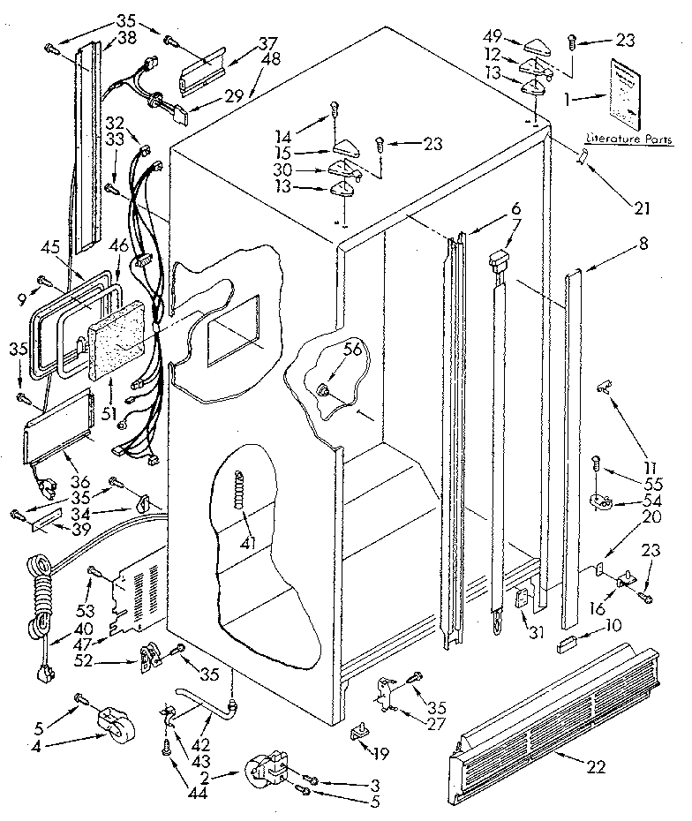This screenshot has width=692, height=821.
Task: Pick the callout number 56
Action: [352, 349]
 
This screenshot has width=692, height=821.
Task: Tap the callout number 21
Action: [640, 208]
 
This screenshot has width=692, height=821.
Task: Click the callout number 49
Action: [493, 36]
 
